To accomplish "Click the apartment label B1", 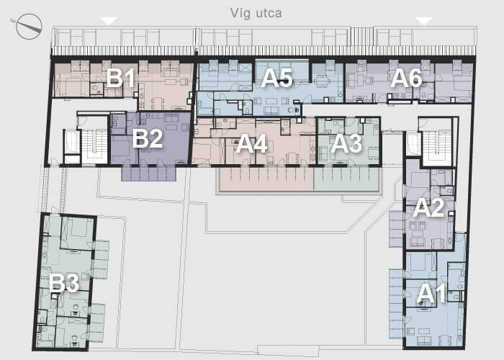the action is (x=120, y=78).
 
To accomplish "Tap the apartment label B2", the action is (x=148, y=138).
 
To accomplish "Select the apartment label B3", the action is (x=64, y=284).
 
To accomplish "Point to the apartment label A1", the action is (x=431, y=294).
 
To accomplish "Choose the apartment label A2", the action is (x=428, y=208).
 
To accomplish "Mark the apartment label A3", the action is (x=346, y=144).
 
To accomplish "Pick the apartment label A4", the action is (x=252, y=144).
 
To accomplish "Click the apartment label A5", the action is (x=276, y=78).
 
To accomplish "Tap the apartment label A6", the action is (x=406, y=78).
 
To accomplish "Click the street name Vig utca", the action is (x=256, y=13).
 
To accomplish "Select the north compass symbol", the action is (x=29, y=27).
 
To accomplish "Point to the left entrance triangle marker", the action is (x=108, y=21).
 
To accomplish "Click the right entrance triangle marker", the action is (x=423, y=21).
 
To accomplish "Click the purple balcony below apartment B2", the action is (x=148, y=174).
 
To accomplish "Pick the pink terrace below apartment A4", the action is (x=266, y=179).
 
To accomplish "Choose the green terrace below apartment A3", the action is (x=346, y=179).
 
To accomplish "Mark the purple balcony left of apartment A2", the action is (x=396, y=229).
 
